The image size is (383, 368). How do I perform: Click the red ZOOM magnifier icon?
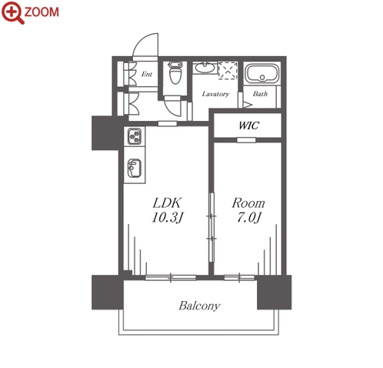point(12,12)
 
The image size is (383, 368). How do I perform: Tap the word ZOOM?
point(42,12)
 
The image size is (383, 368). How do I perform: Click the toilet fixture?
point(175,72)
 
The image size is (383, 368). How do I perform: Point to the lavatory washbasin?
point(205,68)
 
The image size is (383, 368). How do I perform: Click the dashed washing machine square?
point(228,70)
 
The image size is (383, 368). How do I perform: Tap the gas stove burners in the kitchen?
point(135,136)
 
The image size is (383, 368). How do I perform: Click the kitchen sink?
point(134,168)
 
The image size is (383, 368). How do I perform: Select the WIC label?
point(248,125)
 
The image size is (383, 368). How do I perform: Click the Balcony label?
point(199,306)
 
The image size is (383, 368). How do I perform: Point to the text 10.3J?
point(168,218)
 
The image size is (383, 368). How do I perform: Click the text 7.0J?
point(248,218)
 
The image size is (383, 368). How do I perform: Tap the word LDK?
point(167,203)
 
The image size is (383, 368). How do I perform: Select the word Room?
point(248,203)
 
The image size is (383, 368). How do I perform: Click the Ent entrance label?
point(147,74)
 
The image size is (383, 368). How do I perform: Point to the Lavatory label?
point(215,94)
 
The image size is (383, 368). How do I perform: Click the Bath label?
point(260,94)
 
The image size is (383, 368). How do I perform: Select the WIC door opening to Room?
point(246,140)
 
